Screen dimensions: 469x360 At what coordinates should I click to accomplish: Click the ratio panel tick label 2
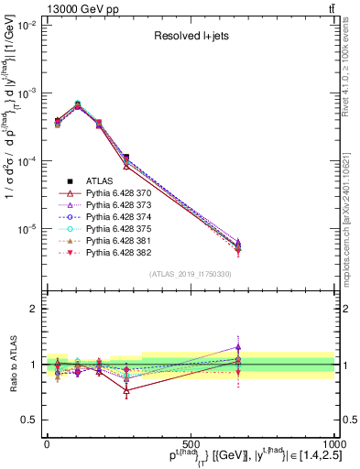pyautogui.click(x=32, y=309)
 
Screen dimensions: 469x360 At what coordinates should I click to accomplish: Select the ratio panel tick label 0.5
pyautogui.click(x=27, y=420)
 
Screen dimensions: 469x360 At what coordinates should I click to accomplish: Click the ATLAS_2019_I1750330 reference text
pyautogui.click(x=189, y=274)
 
